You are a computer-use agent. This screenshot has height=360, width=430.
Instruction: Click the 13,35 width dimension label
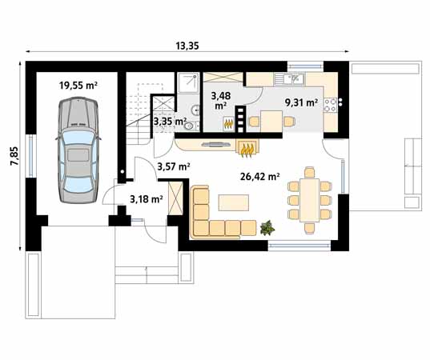[187, 46]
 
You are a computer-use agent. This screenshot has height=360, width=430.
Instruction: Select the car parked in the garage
[78, 146]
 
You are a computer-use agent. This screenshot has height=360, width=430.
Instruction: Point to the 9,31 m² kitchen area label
[301, 103]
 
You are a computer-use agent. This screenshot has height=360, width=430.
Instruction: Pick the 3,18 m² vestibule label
[147, 198]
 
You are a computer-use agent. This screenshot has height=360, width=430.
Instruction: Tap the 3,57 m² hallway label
[173, 166]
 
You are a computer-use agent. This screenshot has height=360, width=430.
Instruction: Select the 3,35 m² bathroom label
[169, 122]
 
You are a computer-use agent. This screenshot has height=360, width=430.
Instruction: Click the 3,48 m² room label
[219, 100]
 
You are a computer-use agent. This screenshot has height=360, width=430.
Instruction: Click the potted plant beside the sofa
[269, 227]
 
